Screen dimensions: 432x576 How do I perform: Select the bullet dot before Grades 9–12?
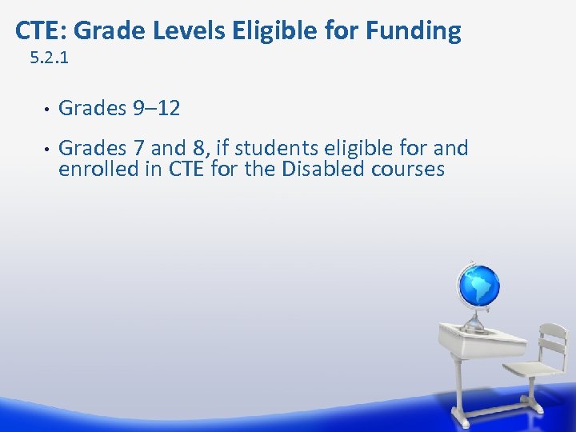(x=45, y=109)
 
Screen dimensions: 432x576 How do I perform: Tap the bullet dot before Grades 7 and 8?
(x=45, y=149)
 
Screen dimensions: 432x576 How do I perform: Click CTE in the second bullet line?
(x=185, y=169)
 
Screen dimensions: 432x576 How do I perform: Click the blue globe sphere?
(x=478, y=286)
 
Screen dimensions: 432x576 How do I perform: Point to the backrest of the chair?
(x=552, y=344)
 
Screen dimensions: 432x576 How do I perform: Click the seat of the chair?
(x=532, y=370)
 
